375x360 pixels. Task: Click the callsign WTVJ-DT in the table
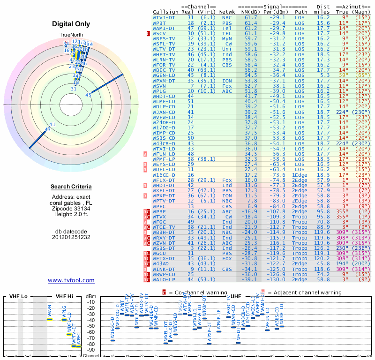click(165, 17)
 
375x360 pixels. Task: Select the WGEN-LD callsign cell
click(165, 75)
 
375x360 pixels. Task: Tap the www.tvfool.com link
click(71, 280)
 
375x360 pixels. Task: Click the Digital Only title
click(71, 24)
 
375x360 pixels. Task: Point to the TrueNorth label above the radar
click(71, 35)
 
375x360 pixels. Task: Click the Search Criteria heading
click(71, 187)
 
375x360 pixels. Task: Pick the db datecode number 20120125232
click(71, 237)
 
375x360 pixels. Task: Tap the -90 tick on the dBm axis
click(91, 350)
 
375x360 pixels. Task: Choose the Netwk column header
click(227, 11)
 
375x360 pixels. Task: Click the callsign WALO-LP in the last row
click(165, 279)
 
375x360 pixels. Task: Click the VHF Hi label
click(65, 297)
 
